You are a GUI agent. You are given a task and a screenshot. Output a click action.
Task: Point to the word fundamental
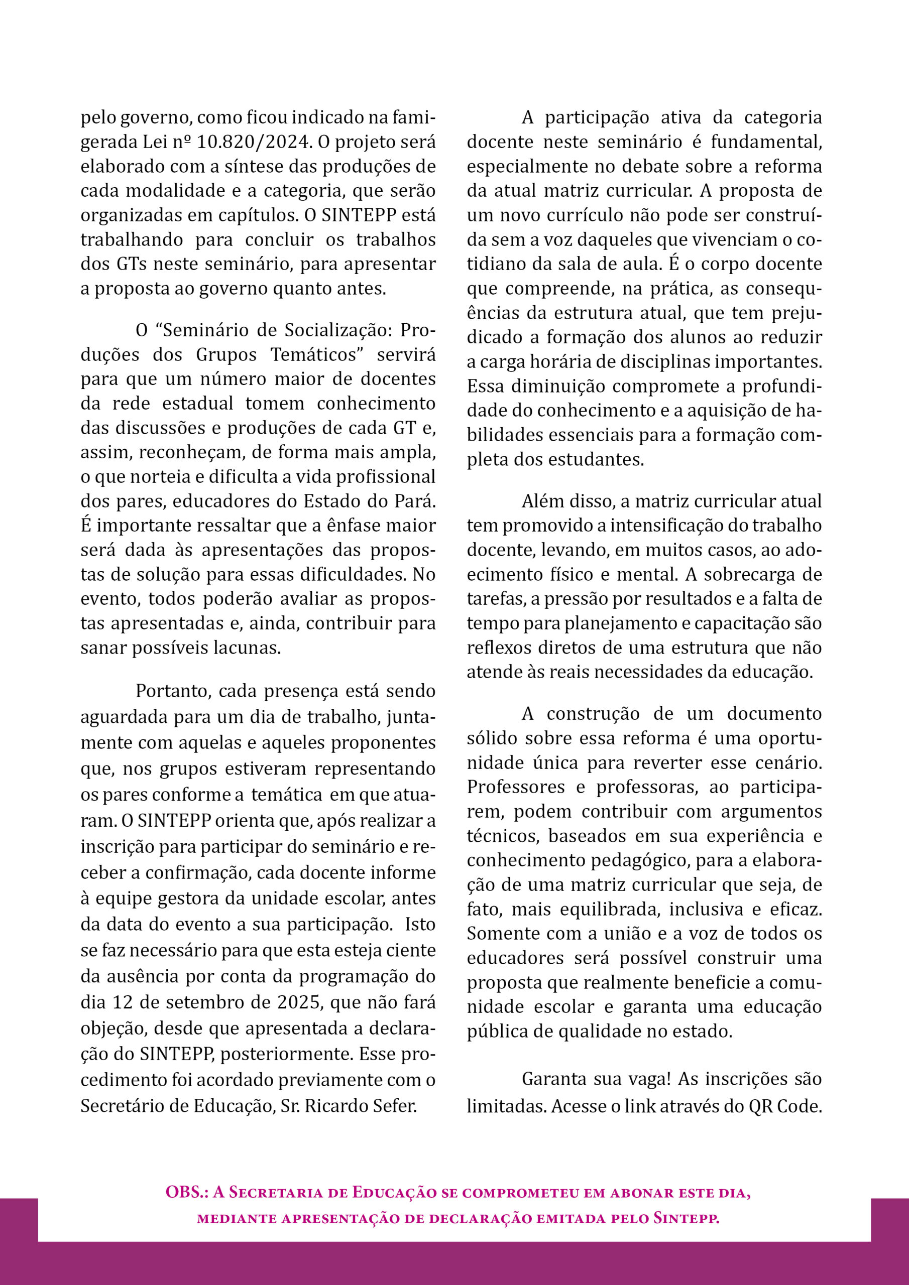tap(766, 142)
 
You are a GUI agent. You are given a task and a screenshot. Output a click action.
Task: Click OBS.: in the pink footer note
tap(186, 1192)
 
